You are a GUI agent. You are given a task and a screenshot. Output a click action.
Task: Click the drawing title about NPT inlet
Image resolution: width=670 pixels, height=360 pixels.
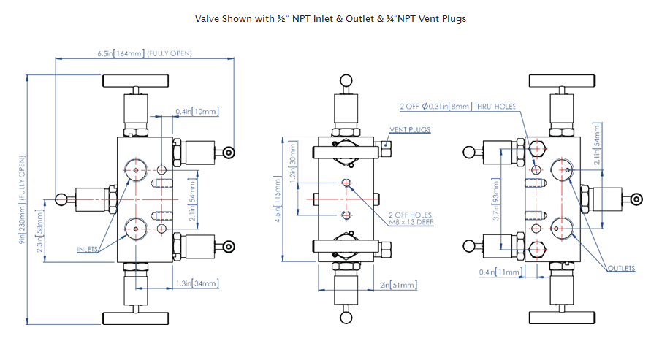click(x=330, y=19)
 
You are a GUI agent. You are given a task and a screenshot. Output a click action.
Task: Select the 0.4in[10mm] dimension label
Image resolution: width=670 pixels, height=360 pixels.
click(x=196, y=112)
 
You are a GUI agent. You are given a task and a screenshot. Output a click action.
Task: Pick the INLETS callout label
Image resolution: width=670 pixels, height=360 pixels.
click(x=88, y=249)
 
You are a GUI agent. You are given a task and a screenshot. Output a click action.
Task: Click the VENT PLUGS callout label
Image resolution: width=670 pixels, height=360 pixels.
click(x=410, y=130)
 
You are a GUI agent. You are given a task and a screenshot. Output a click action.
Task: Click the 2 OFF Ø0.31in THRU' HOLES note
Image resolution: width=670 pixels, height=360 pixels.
click(x=457, y=107)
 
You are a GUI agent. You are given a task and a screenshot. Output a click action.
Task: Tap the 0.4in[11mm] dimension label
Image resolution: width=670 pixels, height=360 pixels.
click(x=498, y=272)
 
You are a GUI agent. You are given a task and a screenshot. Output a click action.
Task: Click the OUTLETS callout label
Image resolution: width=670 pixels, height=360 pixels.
click(x=621, y=269)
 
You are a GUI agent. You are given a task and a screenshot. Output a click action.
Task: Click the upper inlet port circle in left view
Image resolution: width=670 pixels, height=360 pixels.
click(x=136, y=169)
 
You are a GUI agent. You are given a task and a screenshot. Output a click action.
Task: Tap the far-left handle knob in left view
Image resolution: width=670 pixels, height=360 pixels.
click(x=61, y=199)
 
